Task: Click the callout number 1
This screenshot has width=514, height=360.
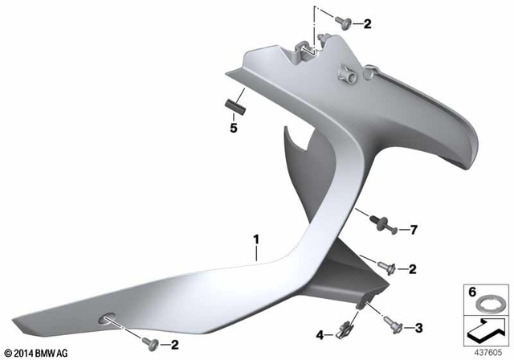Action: [256, 239]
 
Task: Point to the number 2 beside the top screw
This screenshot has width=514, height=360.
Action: [367, 24]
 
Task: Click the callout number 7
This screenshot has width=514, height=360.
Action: [414, 231]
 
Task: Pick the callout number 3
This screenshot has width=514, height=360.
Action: [418, 327]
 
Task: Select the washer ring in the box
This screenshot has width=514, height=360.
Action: [487, 304]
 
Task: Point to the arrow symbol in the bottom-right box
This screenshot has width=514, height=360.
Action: [487, 328]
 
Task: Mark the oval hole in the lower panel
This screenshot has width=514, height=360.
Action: [105, 320]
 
